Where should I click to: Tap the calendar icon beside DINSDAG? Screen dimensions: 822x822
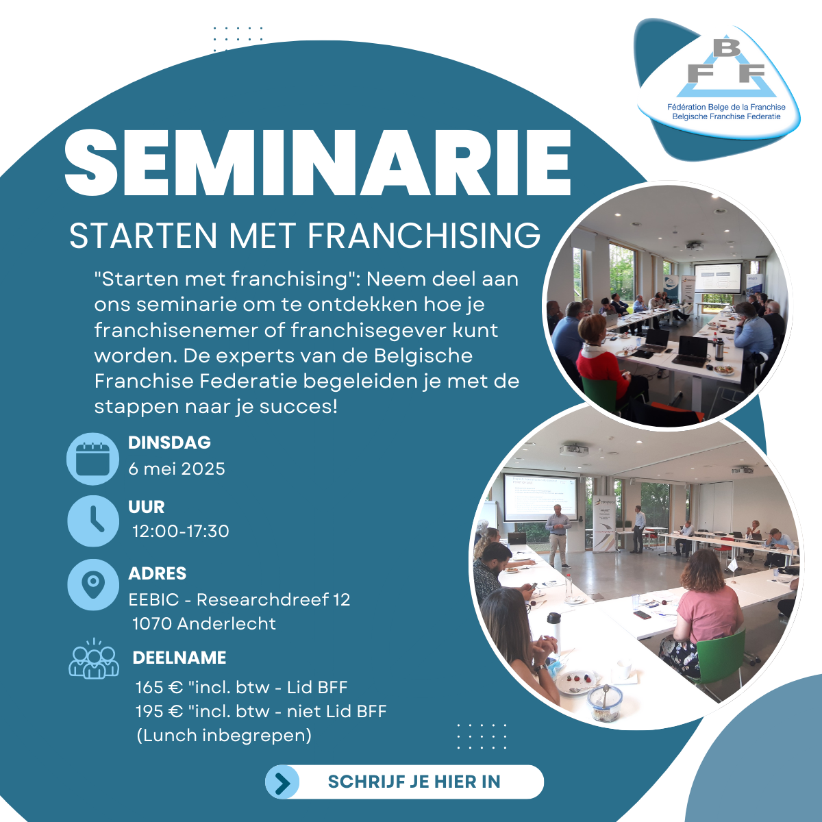coord(92,459)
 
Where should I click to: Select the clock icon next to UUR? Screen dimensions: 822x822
coord(93,521)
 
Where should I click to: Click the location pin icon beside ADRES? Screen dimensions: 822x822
coord(93,585)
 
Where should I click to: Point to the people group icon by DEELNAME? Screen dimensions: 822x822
coord(94,658)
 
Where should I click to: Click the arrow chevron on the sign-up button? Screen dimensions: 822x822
coord(282,782)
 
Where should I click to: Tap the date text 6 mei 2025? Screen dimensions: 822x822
coord(177,469)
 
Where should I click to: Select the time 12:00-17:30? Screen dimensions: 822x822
coord(180,532)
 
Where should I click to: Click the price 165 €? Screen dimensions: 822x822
coord(159,687)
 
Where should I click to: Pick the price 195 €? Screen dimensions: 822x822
coord(159,711)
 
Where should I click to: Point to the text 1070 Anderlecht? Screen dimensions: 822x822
coord(204,623)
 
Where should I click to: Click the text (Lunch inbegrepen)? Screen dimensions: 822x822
coord(224,736)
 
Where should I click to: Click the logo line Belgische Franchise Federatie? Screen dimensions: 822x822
coord(727,116)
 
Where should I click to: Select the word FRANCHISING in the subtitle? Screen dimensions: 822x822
coord(424,235)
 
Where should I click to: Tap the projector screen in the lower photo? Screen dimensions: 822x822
coord(540,497)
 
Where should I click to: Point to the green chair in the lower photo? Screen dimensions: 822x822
coord(721,660)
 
